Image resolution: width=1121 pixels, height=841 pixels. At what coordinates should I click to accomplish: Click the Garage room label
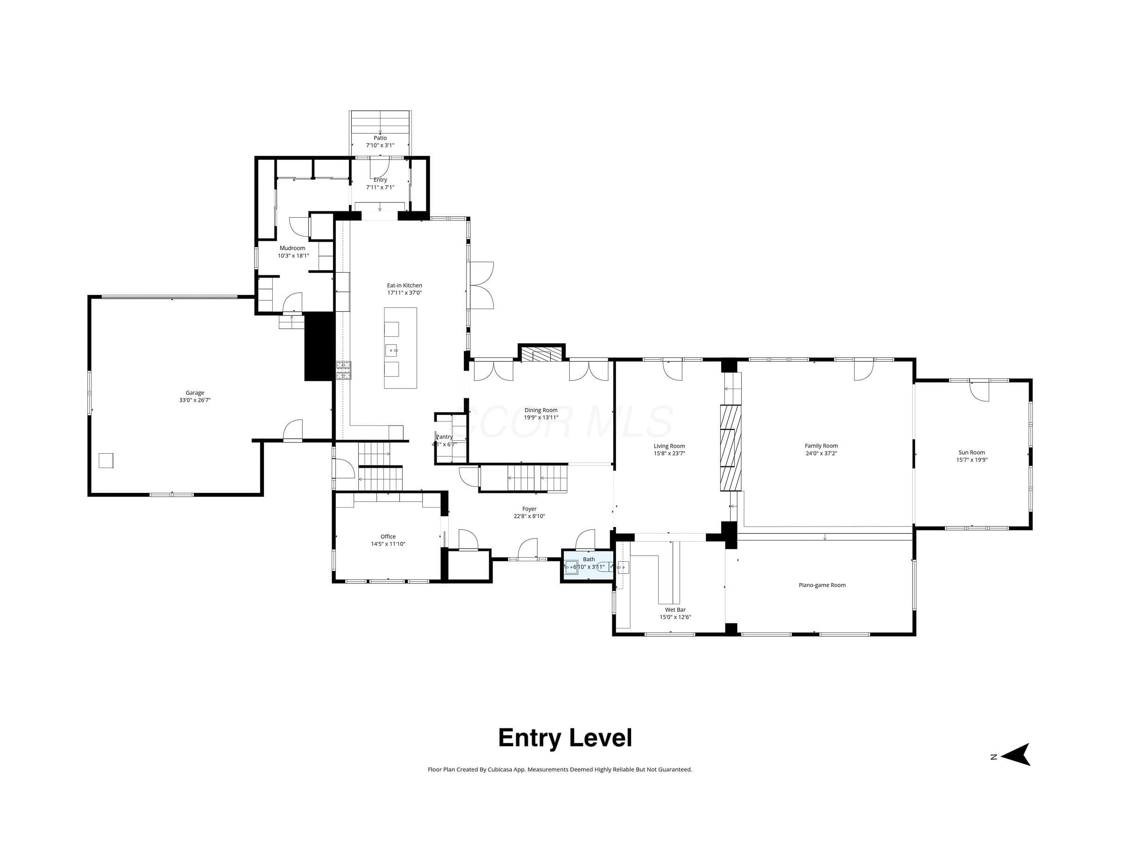pyautogui.click(x=195, y=393)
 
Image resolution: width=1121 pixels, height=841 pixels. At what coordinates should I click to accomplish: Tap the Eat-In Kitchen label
pyautogui.click(x=404, y=285)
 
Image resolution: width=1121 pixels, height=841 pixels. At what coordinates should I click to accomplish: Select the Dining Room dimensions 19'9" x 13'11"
pyautogui.click(x=541, y=418)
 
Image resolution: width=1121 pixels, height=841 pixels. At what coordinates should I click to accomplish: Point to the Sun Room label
pyautogui.click(x=972, y=453)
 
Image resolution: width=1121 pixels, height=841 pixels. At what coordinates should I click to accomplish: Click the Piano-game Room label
pyautogui.click(x=822, y=585)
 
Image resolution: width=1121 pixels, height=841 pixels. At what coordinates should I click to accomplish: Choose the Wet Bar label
pyautogui.click(x=675, y=610)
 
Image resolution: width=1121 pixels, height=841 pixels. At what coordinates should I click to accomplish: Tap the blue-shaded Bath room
pyautogui.click(x=588, y=567)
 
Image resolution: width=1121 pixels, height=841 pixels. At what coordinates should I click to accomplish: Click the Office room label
pyautogui.click(x=388, y=536)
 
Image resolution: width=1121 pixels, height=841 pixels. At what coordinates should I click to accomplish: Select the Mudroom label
pyautogui.click(x=292, y=248)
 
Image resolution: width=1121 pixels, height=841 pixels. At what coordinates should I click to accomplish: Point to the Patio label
pyautogui.click(x=380, y=138)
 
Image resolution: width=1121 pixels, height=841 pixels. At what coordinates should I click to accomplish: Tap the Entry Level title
pyautogui.click(x=565, y=738)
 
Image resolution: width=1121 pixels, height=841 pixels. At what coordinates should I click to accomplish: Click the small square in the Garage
pyautogui.click(x=106, y=460)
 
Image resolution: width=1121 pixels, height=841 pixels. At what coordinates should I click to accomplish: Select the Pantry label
pyautogui.click(x=445, y=437)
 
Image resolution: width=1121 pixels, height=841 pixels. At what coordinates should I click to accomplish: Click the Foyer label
pyautogui.click(x=529, y=509)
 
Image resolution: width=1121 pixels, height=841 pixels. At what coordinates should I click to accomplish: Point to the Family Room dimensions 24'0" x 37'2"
pyautogui.click(x=821, y=454)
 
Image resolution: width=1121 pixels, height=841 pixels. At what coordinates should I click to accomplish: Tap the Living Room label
pyautogui.click(x=669, y=446)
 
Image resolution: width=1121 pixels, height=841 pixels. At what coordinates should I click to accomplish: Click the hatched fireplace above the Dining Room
pyautogui.click(x=541, y=354)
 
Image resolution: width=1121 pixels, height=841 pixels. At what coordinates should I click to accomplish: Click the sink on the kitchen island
pyautogui.click(x=392, y=349)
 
